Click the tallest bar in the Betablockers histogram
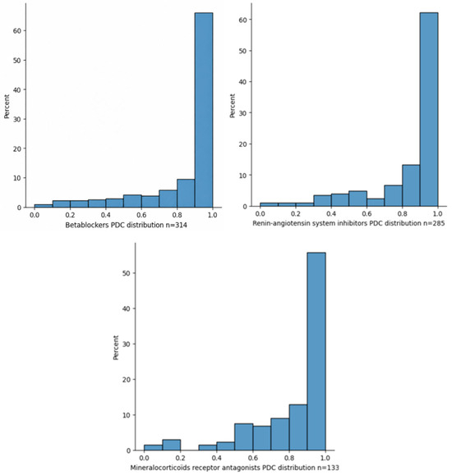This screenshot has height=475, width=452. [x=203, y=110]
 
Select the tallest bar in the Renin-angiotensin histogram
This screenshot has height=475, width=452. [x=429, y=109]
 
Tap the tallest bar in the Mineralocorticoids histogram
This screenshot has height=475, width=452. [x=316, y=351]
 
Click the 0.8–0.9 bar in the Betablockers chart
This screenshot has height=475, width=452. [x=186, y=194]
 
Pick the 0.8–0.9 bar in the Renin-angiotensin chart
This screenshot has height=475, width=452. [x=411, y=185]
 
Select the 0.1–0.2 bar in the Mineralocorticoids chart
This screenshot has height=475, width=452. [x=171, y=445]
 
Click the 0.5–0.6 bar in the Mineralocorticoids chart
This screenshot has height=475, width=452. [x=243, y=436]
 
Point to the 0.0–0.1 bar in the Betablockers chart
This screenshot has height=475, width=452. [x=44, y=206]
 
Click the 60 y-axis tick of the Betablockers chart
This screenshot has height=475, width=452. [x=17, y=30]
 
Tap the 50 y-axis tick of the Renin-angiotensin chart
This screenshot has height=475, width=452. [x=243, y=51]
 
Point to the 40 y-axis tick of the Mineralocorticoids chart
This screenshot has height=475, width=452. [x=127, y=308]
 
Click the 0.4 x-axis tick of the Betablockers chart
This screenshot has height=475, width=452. [x=106, y=215]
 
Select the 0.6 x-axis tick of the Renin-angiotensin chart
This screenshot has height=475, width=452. [x=367, y=213]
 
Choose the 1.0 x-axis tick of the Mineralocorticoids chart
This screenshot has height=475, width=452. [x=325, y=458]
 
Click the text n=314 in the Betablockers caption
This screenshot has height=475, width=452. [x=177, y=225]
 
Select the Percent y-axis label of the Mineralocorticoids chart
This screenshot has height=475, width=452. [x=116, y=348]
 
